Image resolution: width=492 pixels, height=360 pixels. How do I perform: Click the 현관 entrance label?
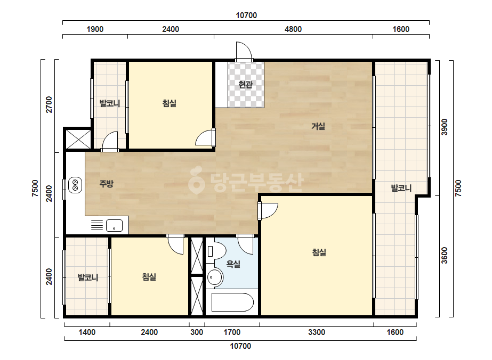[245, 84]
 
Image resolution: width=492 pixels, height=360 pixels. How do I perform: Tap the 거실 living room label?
[318, 126]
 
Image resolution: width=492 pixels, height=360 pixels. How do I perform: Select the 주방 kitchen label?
[106, 183]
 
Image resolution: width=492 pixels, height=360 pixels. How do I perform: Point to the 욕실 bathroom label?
[233, 264]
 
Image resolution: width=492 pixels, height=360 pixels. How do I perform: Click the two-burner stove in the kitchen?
[75, 185]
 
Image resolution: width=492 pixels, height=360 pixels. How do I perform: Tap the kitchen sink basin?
[114, 225]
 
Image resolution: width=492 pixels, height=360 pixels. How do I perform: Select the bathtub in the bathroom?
[232, 302]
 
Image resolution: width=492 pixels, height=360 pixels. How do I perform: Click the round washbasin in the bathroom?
[215, 277]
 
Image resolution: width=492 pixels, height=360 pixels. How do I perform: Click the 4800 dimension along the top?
[293, 29]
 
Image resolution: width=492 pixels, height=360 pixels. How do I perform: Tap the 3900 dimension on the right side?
[445, 127]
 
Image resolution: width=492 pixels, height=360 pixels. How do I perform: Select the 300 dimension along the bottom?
[197, 332]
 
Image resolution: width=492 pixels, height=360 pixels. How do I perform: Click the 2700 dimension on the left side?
[49, 104]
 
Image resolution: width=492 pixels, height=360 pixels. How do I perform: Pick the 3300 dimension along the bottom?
[317, 332]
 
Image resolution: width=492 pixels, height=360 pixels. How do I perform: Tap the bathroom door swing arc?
[245, 244]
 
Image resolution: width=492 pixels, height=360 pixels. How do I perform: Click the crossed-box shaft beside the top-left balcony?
[78, 139]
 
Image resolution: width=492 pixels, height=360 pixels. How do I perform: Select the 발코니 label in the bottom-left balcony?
[88, 277]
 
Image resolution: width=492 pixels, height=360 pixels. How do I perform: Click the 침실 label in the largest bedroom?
[319, 252]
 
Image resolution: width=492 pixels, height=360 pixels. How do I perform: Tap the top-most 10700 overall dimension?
[246, 15]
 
